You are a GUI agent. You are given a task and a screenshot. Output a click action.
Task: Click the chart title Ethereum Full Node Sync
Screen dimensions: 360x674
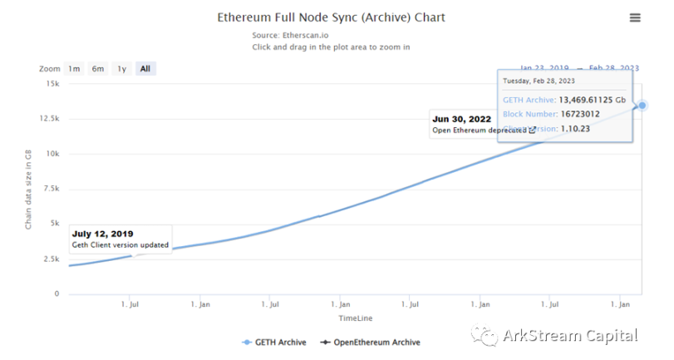[x=331, y=17]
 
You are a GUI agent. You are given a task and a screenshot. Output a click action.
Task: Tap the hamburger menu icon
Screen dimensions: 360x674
[x=635, y=17]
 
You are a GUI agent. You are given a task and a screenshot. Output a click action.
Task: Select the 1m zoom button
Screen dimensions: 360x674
[x=74, y=69]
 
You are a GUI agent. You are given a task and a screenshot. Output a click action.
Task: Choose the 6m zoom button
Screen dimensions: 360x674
[x=98, y=69]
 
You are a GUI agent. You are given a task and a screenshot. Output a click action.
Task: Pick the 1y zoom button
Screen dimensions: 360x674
[x=121, y=69]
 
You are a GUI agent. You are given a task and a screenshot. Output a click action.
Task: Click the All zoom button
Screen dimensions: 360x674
[x=145, y=69]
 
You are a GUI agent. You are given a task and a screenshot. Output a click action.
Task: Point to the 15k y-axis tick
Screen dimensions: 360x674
[x=52, y=83]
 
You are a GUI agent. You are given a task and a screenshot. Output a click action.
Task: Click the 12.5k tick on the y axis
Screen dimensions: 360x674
[x=48, y=118]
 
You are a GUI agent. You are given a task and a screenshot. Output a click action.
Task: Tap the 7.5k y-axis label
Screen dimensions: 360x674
[x=51, y=189]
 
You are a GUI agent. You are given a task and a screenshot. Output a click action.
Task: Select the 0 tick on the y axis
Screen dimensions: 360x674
[x=57, y=293]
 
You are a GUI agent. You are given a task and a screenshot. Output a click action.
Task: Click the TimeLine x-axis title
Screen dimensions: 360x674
[x=355, y=318]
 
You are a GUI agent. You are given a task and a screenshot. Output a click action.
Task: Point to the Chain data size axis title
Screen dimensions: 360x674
[x=28, y=189]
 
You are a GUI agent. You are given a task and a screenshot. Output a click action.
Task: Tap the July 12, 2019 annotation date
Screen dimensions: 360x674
[x=102, y=234]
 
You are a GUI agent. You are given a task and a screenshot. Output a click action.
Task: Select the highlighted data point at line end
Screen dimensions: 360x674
[x=642, y=106]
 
